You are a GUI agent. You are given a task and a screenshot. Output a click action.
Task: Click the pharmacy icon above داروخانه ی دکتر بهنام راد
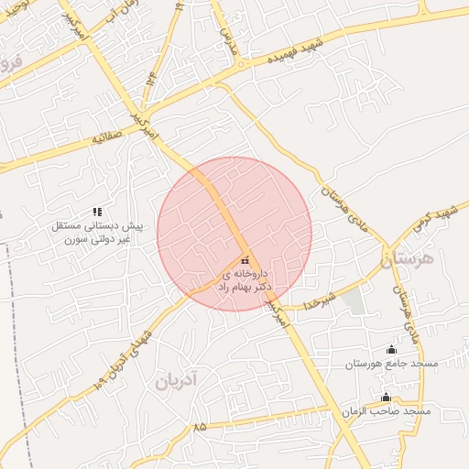[x=244, y=259]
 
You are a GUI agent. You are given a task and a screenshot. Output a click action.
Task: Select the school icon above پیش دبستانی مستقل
[x=97, y=212]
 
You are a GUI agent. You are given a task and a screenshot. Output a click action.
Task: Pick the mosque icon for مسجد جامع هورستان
[x=392, y=349]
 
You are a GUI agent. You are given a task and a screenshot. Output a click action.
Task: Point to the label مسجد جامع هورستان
[x=391, y=364]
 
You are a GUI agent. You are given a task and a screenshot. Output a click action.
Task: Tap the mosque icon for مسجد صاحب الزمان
[x=386, y=397]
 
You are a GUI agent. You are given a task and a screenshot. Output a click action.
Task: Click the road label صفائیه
[x=109, y=139]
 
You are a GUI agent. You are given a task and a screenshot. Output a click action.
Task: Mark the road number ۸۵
[x=200, y=427]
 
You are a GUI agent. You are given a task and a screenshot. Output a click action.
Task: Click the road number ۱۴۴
[x=149, y=85]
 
